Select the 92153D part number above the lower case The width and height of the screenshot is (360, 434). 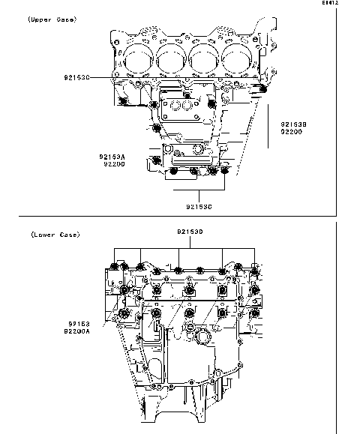[191, 232]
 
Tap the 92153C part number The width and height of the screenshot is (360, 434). [199, 205]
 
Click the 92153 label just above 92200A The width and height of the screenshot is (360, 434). [75, 324]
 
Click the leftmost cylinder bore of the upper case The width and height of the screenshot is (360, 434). [136, 57]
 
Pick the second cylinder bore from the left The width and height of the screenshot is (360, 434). [170, 57]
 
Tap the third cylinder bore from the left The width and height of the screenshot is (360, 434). [204, 57]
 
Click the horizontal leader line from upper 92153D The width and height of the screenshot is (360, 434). [102, 77]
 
